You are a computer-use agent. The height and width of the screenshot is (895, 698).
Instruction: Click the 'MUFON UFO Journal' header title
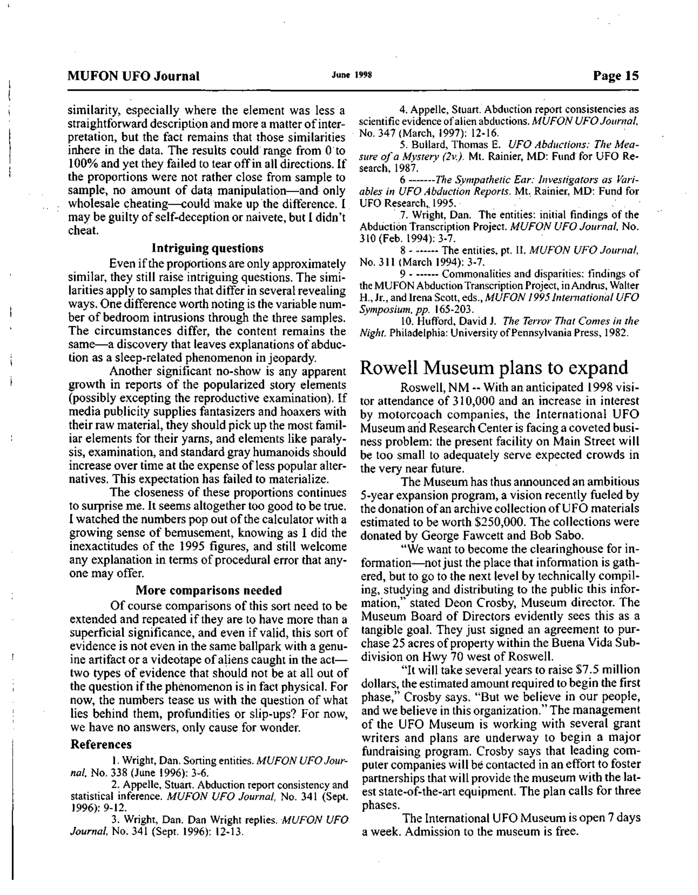pyautogui.click(x=134, y=76)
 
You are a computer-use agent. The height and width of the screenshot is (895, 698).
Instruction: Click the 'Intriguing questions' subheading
pyautogui.click(x=207, y=248)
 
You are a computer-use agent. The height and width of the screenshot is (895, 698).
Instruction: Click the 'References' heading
pyautogui.click(x=101, y=744)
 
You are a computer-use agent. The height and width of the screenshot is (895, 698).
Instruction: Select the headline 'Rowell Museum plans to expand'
pyautogui.click(x=493, y=367)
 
